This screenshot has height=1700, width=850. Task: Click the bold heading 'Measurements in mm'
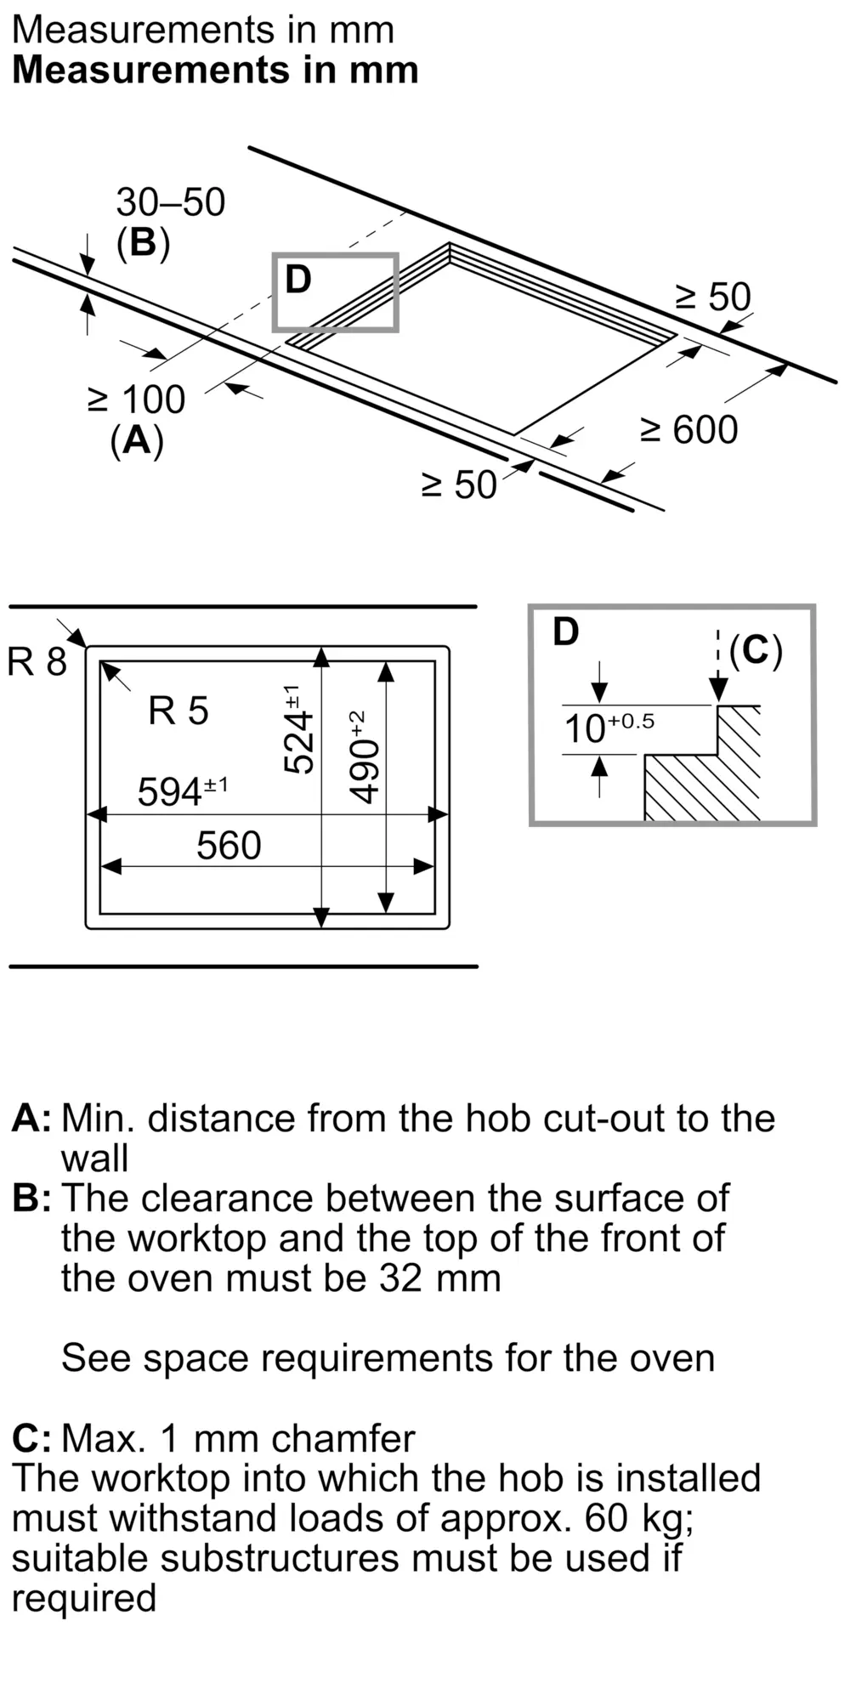click(x=215, y=70)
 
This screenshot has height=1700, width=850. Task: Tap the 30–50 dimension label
click(x=170, y=202)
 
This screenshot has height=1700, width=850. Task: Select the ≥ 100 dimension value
click(x=136, y=399)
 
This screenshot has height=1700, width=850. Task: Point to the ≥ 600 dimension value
click(x=688, y=430)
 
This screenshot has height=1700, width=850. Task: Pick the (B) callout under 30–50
click(x=143, y=243)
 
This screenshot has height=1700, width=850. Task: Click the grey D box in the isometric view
click(x=335, y=292)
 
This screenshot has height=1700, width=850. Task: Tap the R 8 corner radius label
click(x=37, y=661)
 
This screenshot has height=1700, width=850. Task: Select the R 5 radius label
click(x=178, y=711)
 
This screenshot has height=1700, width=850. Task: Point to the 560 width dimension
click(x=229, y=846)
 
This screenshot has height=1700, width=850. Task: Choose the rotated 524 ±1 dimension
click(x=297, y=729)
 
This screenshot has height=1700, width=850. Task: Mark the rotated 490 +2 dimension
click(x=364, y=756)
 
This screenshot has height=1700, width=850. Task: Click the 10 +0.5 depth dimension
click(x=609, y=728)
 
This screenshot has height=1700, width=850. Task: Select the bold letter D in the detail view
click(x=565, y=632)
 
